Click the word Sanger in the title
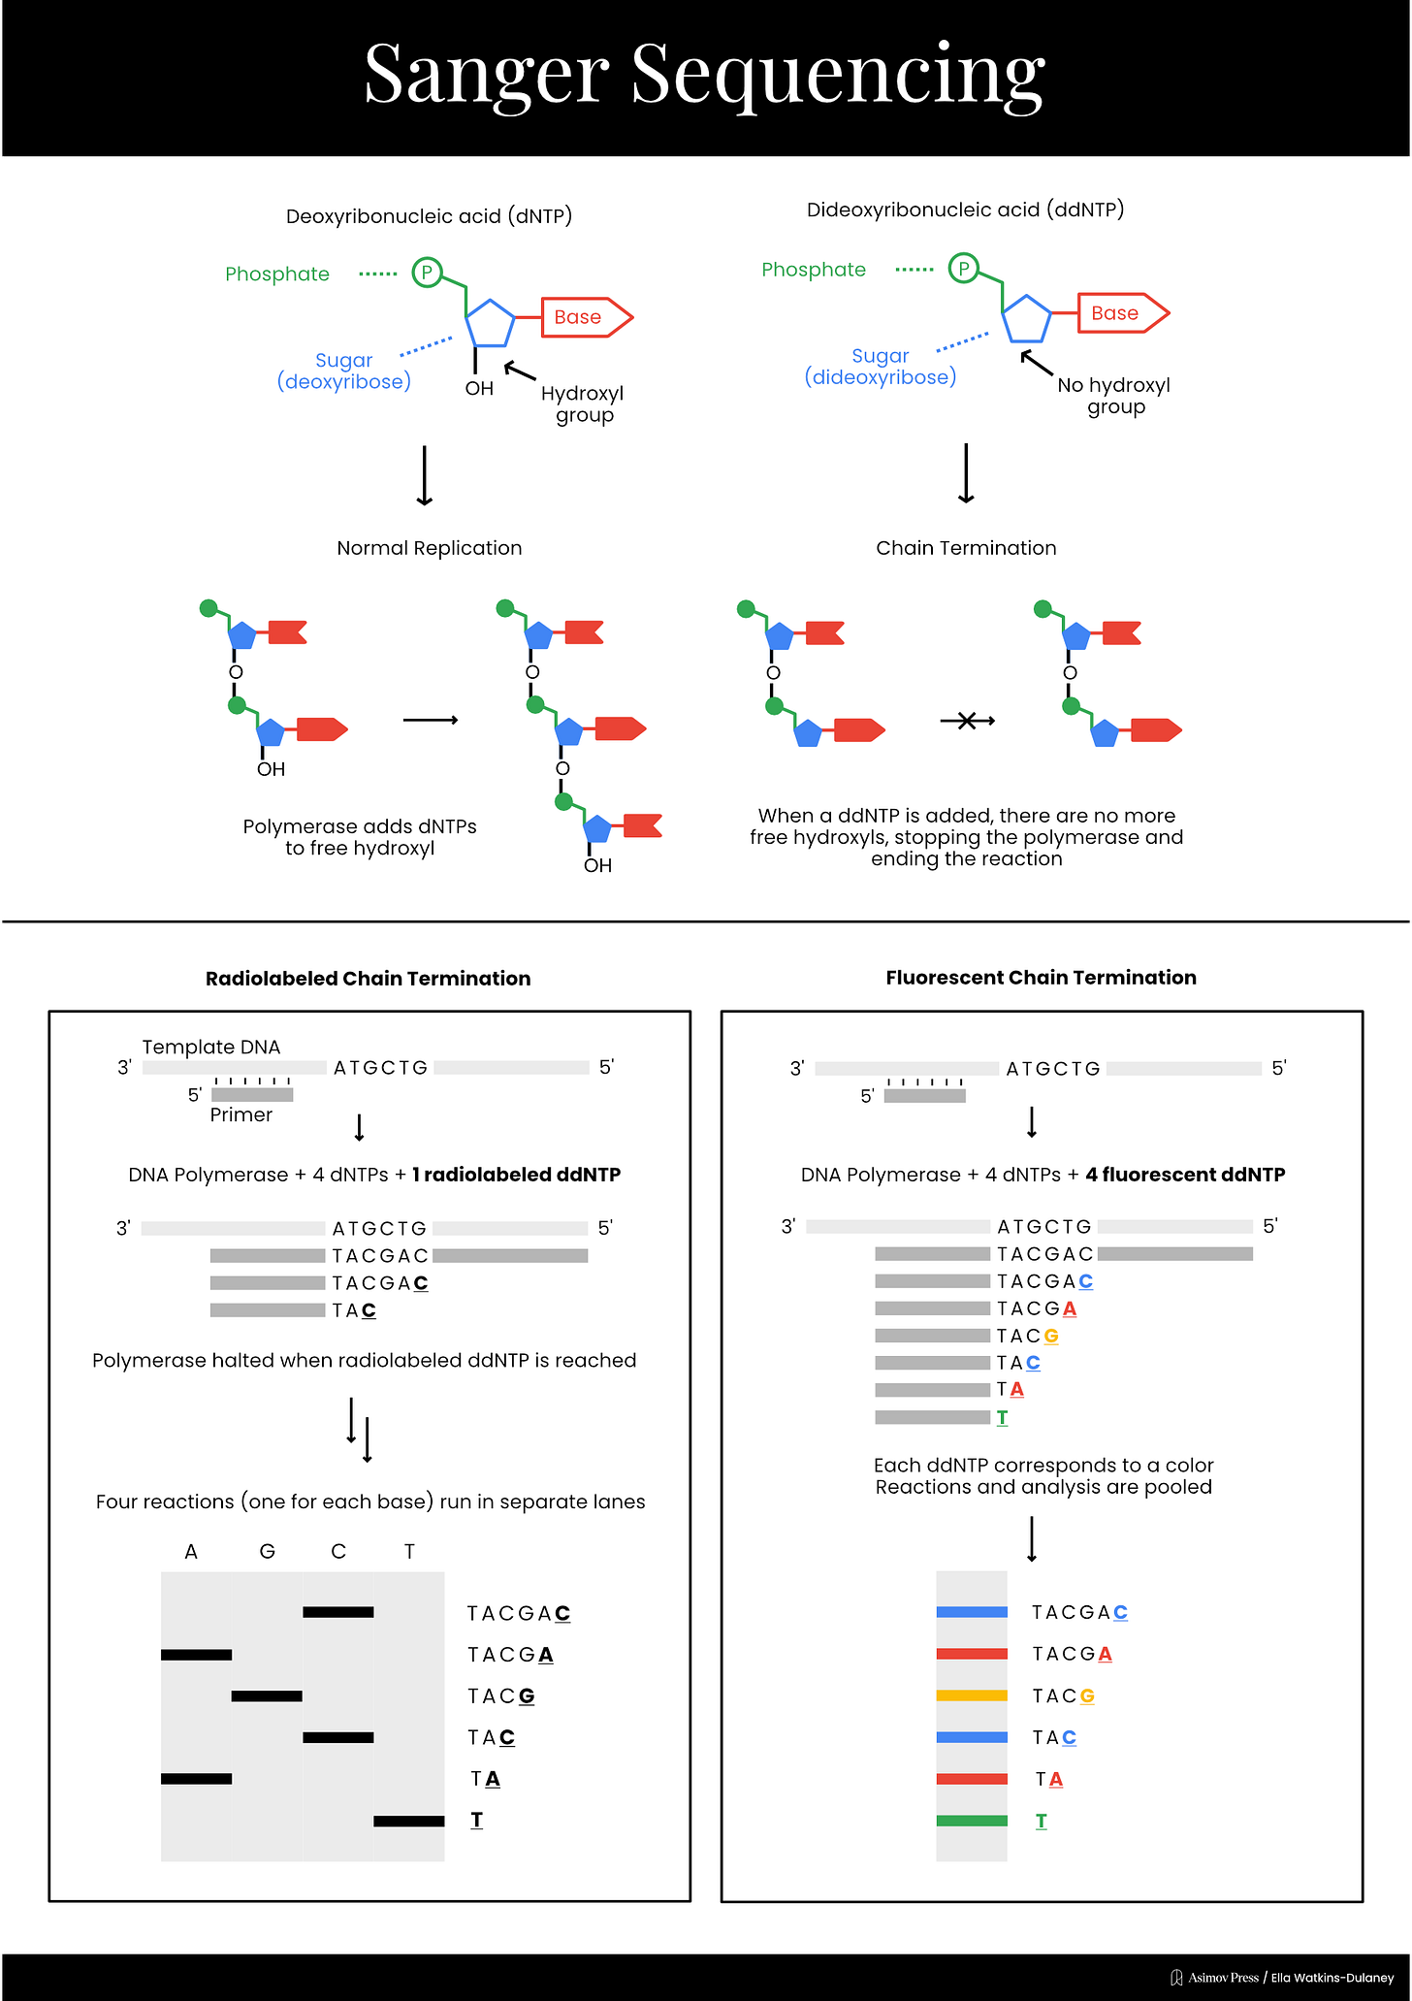486,76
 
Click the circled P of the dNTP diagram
427,273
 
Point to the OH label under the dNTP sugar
479,389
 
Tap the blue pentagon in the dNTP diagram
490,324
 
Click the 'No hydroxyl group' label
1114,396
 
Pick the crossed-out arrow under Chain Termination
967,721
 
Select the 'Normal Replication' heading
429,548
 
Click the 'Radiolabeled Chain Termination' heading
368,979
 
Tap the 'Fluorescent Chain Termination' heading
1041,978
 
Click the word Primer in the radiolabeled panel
241,1115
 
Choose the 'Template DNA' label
210,1048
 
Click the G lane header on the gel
268,1552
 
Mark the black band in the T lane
408,1822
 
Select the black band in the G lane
267,1696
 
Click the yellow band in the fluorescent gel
972,1695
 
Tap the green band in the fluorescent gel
972,1821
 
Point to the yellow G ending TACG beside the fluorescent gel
1087,1696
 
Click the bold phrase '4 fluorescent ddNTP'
1185,1175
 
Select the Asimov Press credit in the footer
1223,1978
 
